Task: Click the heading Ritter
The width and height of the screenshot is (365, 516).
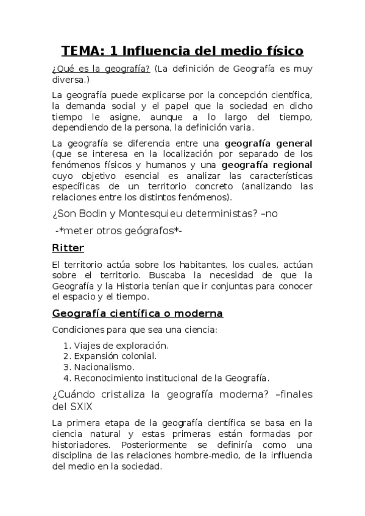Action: [x=68, y=248]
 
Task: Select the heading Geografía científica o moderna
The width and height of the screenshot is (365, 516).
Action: [x=138, y=314]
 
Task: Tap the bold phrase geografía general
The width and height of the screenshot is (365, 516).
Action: [x=269, y=144]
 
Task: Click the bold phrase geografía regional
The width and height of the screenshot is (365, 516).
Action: [x=267, y=165]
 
